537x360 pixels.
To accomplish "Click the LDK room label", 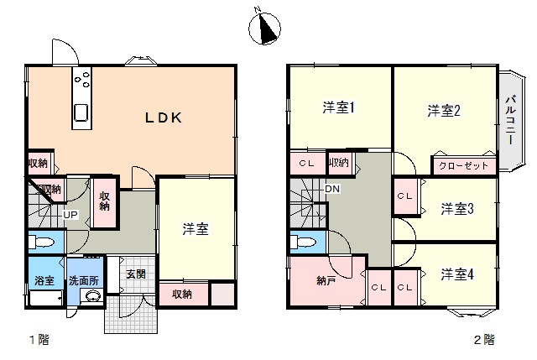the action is pyautogui.click(x=164, y=117).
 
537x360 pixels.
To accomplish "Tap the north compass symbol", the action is pyautogui.click(x=264, y=28).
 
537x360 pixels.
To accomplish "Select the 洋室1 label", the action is pyautogui.click(x=339, y=107).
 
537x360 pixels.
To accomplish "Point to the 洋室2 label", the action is pyautogui.click(x=444, y=110).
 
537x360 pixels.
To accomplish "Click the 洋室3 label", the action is pyautogui.click(x=457, y=209).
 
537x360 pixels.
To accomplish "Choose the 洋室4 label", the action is pyautogui.click(x=457, y=274).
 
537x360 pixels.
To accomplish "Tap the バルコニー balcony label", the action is pyautogui.click(x=511, y=120).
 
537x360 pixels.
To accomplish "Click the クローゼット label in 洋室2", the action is pyautogui.click(x=463, y=166).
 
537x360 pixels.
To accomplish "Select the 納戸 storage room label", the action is pyautogui.click(x=326, y=281).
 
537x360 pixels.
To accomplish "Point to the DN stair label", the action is pyautogui.click(x=332, y=189).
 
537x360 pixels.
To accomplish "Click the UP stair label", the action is pyautogui.click(x=70, y=215).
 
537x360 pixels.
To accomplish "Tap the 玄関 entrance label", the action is pyautogui.click(x=136, y=274).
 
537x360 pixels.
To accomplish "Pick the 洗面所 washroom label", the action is pyautogui.click(x=84, y=281).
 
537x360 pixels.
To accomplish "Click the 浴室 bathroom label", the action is pyautogui.click(x=44, y=280).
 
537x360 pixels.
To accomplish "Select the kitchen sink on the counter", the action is pyautogui.click(x=81, y=112).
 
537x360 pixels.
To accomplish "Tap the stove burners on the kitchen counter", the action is pyautogui.click(x=82, y=78).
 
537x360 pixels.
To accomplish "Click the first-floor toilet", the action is pyautogui.click(x=41, y=243).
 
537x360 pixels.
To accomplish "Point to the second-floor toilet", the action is pyautogui.click(x=303, y=243).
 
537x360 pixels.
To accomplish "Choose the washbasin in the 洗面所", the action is pyautogui.click(x=92, y=296).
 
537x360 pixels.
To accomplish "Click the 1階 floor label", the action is pyautogui.click(x=39, y=340).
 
